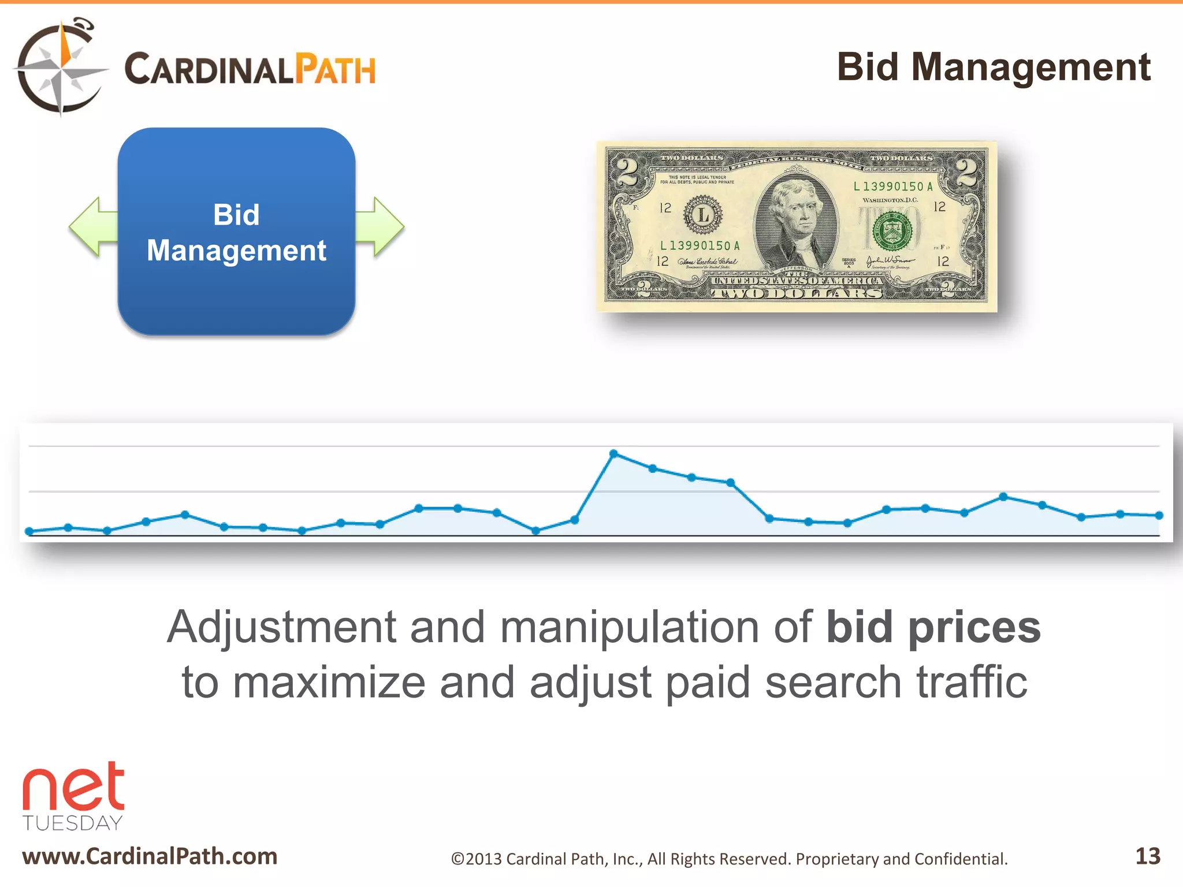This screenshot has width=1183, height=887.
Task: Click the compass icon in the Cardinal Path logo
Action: click(61, 68)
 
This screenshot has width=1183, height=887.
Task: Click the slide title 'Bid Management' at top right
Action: click(994, 67)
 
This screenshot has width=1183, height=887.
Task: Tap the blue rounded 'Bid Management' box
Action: click(236, 232)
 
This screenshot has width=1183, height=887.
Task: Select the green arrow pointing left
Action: click(92, 226)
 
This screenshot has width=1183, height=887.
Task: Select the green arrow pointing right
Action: click(381, 226)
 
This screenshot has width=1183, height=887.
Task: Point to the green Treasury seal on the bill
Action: click(892, 231)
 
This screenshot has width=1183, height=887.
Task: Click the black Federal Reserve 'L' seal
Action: click(703, 215)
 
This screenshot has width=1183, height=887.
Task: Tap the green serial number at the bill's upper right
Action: click(893, 187)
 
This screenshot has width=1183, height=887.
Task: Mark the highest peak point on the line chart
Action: click(613, 454)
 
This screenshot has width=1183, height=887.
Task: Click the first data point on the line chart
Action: click(29, 531)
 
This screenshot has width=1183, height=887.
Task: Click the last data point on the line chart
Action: click(1159, 515)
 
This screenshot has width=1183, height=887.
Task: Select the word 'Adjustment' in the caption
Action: click(281, 628)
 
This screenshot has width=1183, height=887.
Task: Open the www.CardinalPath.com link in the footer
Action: click(150, 856)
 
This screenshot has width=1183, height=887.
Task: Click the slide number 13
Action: click(1147, 856)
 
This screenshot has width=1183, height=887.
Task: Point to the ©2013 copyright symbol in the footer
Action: click(457, 859)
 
